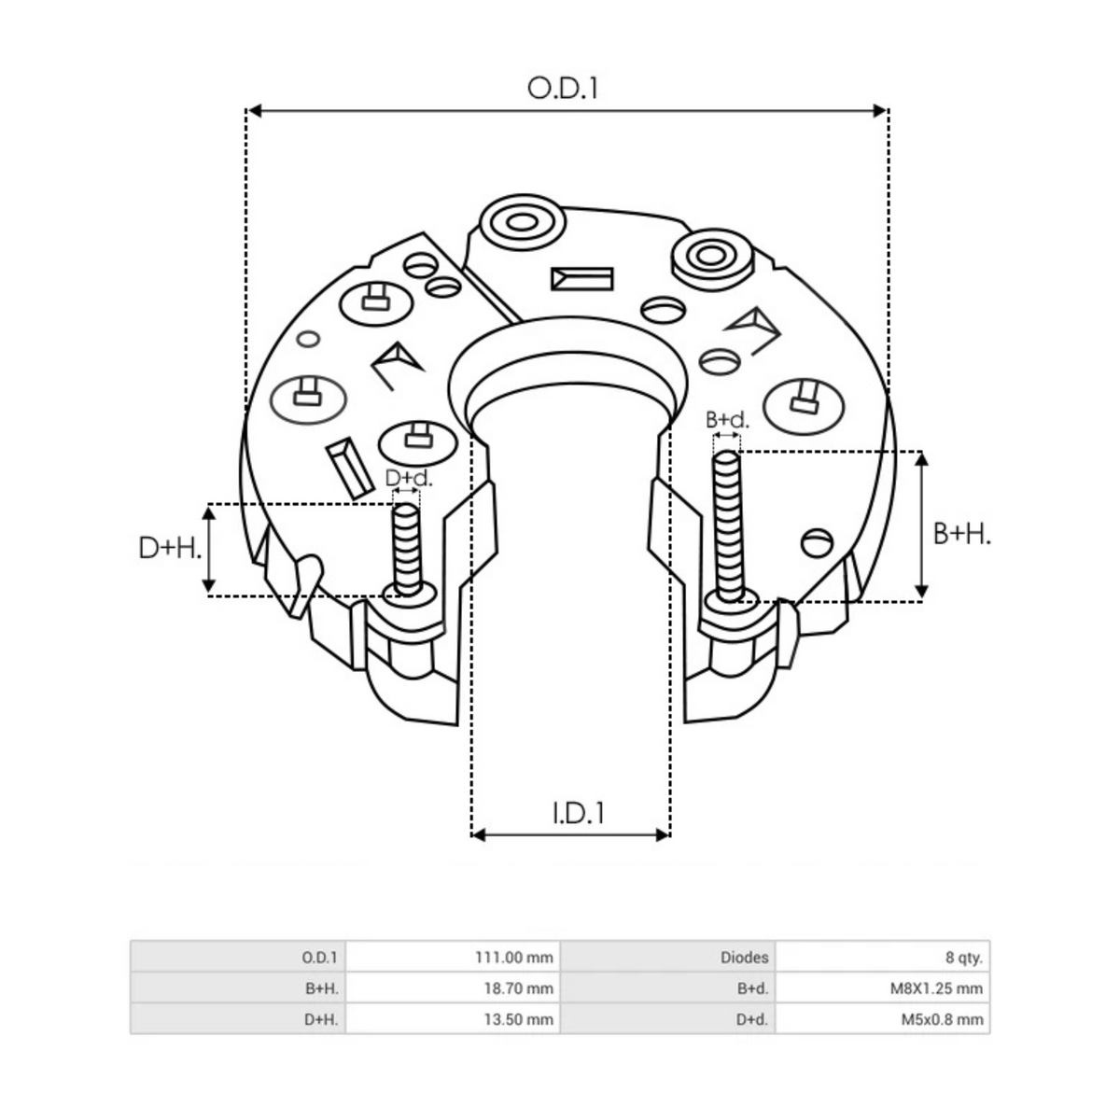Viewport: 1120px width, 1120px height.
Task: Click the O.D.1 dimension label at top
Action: [563, 88]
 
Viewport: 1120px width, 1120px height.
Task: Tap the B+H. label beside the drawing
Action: [961, 533]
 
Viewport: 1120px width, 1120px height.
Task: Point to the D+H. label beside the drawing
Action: [170, 548]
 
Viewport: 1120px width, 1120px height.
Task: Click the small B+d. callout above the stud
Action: [727, 421]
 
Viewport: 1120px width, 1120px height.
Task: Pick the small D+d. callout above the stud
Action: [409, 478]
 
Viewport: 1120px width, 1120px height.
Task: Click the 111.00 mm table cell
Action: [514, 957]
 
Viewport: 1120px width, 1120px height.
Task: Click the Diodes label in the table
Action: [745, 957]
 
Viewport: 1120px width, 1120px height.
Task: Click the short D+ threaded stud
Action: [406, 551]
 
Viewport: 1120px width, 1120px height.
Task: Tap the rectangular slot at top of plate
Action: [581, 278]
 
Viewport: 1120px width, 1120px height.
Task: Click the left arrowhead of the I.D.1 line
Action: [479, 833]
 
